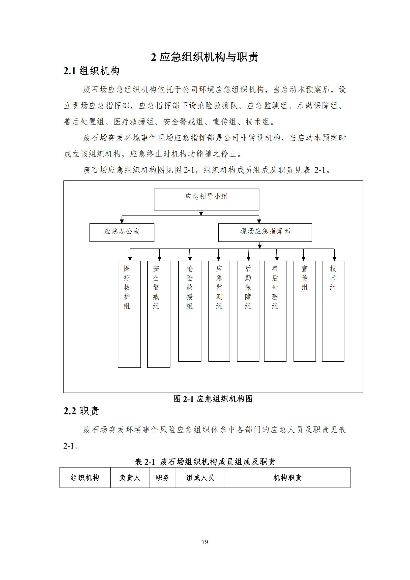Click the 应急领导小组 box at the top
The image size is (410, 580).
[206, 199]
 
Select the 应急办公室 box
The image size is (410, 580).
[122, 232]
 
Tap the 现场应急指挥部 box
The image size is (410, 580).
[265, 232]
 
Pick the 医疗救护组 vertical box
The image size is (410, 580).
[129, 314]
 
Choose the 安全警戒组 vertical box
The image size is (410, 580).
[159, 314]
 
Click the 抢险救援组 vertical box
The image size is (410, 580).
[190, 311]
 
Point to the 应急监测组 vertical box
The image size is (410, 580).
[219, 311]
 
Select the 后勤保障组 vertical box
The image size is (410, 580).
[248, 311]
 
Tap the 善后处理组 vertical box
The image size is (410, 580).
[275, 311]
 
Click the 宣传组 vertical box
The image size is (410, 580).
[304, 311]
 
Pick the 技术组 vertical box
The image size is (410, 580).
[333, 311]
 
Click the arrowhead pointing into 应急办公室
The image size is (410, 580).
[122, 221]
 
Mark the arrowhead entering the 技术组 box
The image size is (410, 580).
[334, 259]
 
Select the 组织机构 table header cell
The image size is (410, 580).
[85, 477]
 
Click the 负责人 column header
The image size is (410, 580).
[129, 477]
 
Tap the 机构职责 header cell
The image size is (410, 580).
[287, 477]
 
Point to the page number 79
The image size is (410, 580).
[205, 542]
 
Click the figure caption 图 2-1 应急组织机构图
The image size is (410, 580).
[213, 399]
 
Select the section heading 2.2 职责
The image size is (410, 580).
[81, 411]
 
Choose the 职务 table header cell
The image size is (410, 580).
[162, 477]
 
